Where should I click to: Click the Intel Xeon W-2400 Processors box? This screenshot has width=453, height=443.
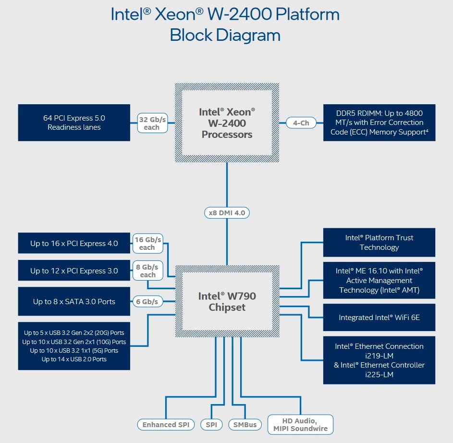pos(227,123)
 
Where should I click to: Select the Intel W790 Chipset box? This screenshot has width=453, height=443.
pos(227,301)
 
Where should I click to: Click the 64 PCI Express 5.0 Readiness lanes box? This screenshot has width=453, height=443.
pos(74,123)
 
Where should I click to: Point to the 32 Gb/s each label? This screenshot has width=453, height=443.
pos(151,123)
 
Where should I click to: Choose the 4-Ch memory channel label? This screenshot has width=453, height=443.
pos(301,123)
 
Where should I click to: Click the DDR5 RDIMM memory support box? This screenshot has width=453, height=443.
pos(379,123)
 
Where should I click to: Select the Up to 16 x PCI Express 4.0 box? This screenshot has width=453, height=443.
pos(74,243)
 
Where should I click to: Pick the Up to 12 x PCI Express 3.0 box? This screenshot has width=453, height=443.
pos(74,271)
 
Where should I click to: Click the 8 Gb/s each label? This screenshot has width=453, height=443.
pos(147,271)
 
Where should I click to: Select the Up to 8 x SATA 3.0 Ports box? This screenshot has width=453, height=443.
pos(74,302)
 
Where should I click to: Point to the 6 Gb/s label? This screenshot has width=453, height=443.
pos(148,302)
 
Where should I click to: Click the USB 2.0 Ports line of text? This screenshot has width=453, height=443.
pos(74,359)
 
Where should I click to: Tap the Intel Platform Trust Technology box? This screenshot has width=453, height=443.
pos(379,242)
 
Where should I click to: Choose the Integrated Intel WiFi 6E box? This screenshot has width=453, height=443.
pos(379,317)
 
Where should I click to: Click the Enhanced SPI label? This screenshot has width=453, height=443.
pos(166,425)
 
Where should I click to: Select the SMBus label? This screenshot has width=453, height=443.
pos(245,425)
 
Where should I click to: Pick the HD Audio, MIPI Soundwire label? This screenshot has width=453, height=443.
pos(300,425)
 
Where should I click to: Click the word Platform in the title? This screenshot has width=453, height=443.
pos(308,14)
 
